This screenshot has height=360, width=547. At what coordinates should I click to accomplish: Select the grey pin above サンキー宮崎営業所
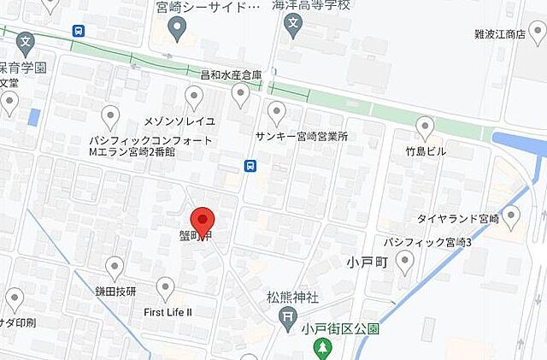pos(276,112)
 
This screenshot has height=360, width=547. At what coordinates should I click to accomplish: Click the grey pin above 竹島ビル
pos(425,128)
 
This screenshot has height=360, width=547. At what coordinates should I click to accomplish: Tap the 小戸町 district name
pos(368,261)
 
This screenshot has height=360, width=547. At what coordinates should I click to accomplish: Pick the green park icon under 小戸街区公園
pos(323,348)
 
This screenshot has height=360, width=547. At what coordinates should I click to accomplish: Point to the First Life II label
pos(168,312)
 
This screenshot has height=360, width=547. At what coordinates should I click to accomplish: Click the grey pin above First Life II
pos(167,288)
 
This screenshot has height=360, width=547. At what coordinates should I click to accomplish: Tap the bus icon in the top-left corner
pos(79,30)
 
